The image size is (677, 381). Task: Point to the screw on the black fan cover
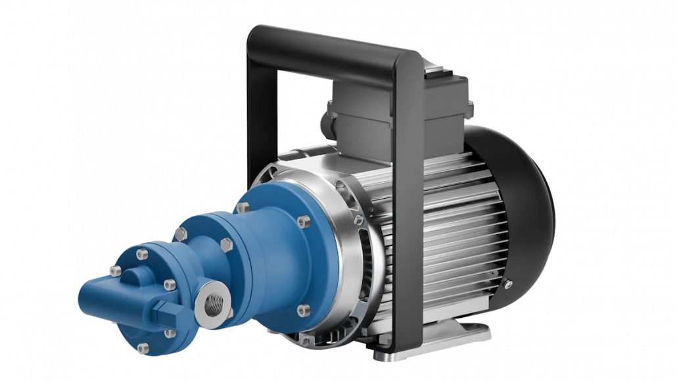[507, 284]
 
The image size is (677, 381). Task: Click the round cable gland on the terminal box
[327, 125]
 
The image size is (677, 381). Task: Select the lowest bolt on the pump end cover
[143, 347]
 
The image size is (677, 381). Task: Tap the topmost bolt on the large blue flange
[243, 207]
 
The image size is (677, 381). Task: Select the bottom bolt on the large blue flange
[303, 310]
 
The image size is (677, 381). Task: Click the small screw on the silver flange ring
[358, 220]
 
